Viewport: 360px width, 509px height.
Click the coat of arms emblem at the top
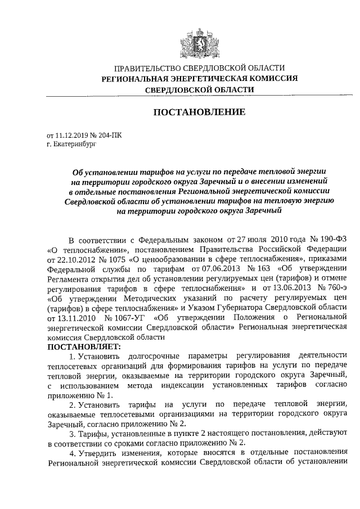pyautogui.click(x=200, y=42)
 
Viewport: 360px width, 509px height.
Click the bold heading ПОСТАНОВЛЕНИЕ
pyautogui.click(x=200, y=112)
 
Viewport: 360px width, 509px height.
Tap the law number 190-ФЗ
pyautogui.click(x=323, y=238)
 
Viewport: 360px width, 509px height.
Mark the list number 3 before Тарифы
pyautogui.click(x=71, y=434)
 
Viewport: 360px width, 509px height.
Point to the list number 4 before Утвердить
pyautogui.click(x=71, y=454)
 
